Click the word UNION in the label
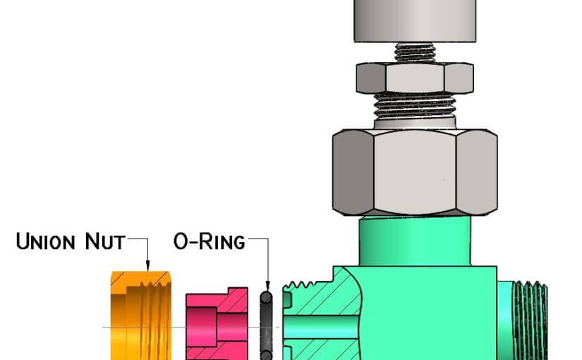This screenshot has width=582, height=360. pyautogui.click(x=45, y=241)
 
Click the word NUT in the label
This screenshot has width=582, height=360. pyautogui.click(x=105, y=241)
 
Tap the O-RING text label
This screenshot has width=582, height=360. pyautogui.click(x=210, y=241)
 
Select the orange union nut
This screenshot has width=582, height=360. pyautogui.click(x=141, y=316)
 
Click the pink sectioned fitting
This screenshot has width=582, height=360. pyautogui.click(x=217, y=324)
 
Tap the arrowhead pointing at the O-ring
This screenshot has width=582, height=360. pyautogui.click(x=267, y=285)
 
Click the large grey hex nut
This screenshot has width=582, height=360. pyautogui.click(x=415, y=172)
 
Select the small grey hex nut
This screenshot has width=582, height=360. pyautogui.click(x=415, y=78)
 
